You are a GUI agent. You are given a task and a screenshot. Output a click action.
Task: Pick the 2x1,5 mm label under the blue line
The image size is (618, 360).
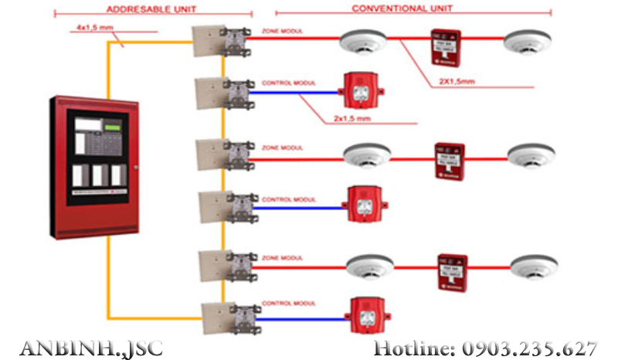coord(352,119)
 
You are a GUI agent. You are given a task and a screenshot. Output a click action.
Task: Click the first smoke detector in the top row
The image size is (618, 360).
coord(362,42)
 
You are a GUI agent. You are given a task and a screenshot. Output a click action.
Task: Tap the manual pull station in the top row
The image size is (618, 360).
coord(446,46)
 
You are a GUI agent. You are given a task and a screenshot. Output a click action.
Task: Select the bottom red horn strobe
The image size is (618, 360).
coord(366,314)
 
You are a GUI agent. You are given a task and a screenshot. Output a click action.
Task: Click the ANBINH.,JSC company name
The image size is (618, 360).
coord(91,348)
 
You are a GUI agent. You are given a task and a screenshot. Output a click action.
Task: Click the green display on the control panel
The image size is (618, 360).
coord(113,126)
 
